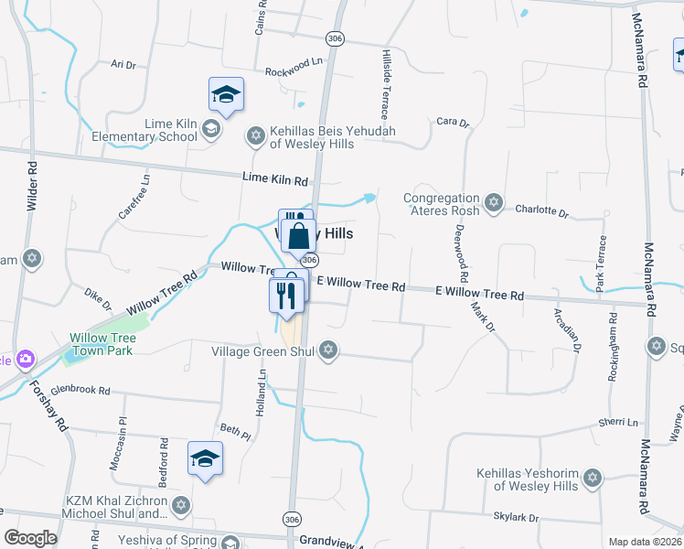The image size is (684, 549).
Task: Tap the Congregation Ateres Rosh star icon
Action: click(x=494, y=203)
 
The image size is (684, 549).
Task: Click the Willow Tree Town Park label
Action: click(x=103, y=344)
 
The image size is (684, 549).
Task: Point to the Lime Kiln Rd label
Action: click(x=275, y=179)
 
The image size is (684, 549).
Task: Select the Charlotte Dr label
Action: click(x=541, y=210)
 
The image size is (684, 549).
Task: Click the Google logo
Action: click(x=30, y=537)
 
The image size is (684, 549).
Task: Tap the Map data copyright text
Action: click(x=645, y=542)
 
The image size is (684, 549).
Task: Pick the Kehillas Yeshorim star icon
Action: click(x=593, y=479)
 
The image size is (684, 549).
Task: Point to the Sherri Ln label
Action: click(x=619, y=423)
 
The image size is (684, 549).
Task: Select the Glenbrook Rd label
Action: click(x=80, y=390)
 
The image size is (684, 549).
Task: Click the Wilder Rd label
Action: click(x=32, y=187)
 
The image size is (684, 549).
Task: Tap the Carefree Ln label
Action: click(x=133, y=195)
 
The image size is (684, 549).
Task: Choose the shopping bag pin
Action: click(x=299, y=237)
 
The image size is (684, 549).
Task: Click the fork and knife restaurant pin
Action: click(x=286, y=295)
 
